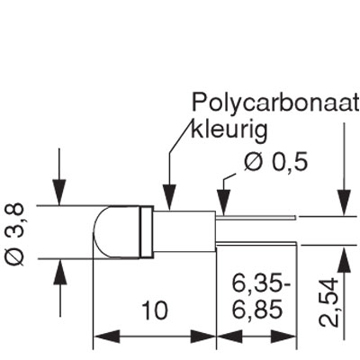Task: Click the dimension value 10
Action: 153,311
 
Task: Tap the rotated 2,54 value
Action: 338,298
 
